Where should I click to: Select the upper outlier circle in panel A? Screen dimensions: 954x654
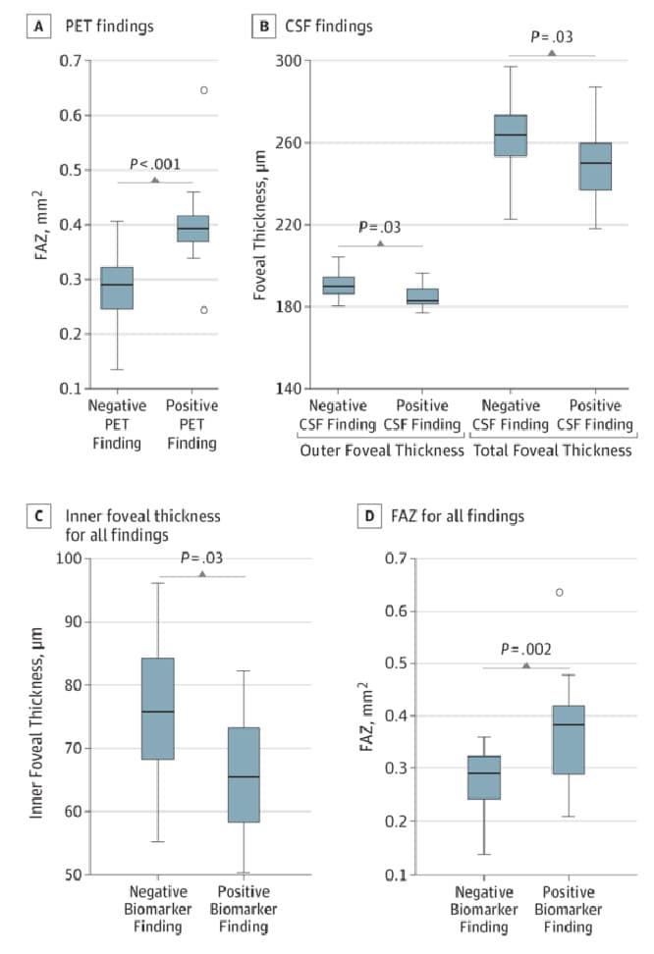click(x=203, y=90)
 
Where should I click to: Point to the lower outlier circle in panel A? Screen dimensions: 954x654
click(x=203, y=310)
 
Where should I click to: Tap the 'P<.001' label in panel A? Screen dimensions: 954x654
click(x=154, y=165)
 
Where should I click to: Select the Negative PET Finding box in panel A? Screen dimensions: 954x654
click(x=117, y=288)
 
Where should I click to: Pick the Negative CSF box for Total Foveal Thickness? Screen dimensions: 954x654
click(x=510, y=135)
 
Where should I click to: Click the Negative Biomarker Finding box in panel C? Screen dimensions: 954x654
click(x=158, y=708)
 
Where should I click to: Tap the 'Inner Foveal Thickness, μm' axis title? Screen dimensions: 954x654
click(x=37, y=715)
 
